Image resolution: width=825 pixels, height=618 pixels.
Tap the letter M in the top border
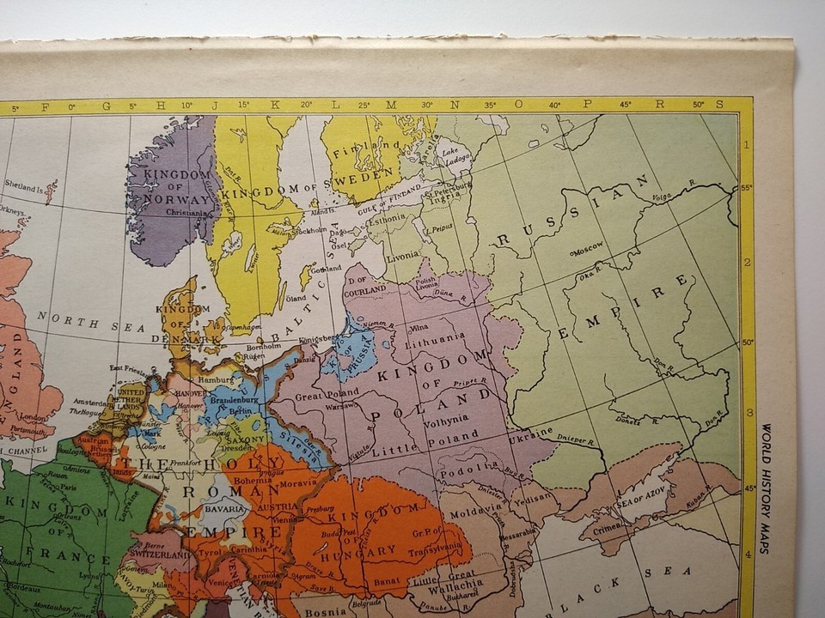coord(391,106)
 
